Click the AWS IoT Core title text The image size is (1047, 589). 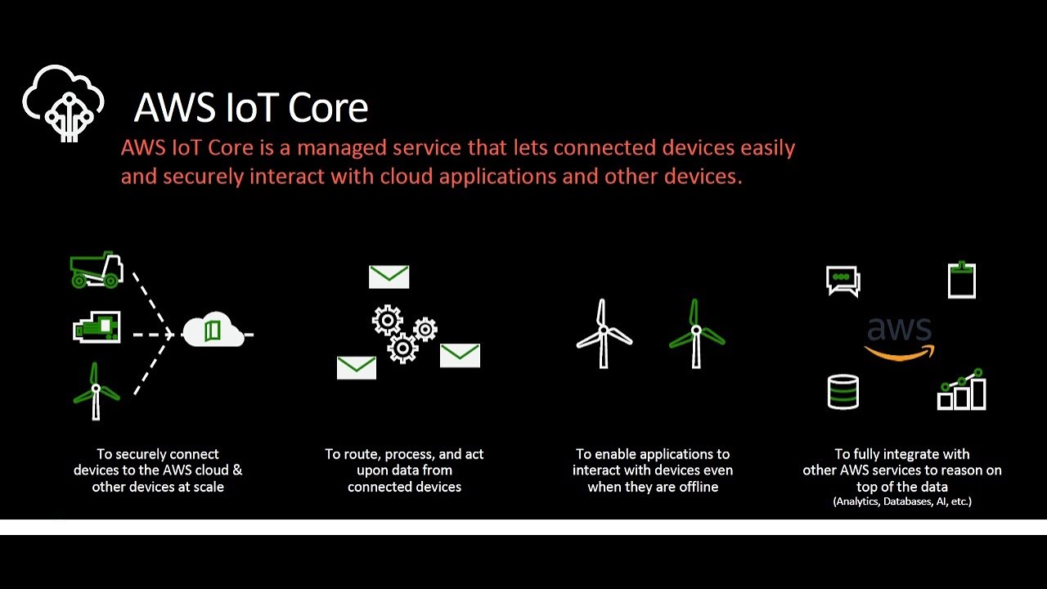pyautogui.click(x=250, y=107)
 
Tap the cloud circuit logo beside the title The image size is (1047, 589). pyautogui.click(x=63, y=103)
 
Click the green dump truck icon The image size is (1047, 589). pyautogui.click(x=97, y=271)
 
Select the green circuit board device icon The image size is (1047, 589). pyautogui.click(x=97, y=327)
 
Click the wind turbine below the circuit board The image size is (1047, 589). pyautogui.click(x=96, y=391)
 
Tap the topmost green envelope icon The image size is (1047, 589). pyautogui.click(x=389, y=277)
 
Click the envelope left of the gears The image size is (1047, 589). pyautogui.click(x=357, y=367)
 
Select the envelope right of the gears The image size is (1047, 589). pyautogui.click(x=460, y=355)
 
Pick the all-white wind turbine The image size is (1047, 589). pyautogui.click(x=604, y=334)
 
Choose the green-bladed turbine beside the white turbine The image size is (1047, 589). pyautogui.click(x=696, y=334)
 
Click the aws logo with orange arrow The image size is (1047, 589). pyautogui.click(x=899, y=338)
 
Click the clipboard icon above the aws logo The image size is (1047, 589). pyautogui.click(x=961, y=280)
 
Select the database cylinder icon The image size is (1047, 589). pyautogui.click(x=843, y=391)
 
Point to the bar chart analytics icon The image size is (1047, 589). pyautogui.click(x=961, y=390)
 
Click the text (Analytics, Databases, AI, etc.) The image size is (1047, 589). pyautogui.click(x=902, y=501)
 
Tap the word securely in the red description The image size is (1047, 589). pyautogui.click(x=207, y=176)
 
